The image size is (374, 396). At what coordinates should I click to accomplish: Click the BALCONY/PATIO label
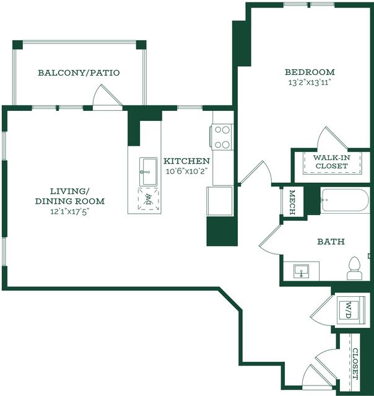pyautogui.click(x=79, y=73)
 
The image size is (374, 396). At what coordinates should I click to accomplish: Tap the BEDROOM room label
pyautogui.click(x=310, y=73)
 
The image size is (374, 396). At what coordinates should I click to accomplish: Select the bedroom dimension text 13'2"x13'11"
pyautogui.click(x=310, y=82)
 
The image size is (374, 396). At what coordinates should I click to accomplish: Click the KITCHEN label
pyautogui.click(x=187, y=161)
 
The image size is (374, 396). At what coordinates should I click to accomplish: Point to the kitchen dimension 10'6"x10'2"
pyautogui.click(x=187, y=171)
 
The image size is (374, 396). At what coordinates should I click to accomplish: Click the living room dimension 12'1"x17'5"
pyautogui.click(x=70, y=211)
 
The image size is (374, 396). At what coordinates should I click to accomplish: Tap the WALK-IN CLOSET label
pyautogui.click(x=332, y=162)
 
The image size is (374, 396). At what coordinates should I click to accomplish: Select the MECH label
pyautogui.click(x=292, y=202)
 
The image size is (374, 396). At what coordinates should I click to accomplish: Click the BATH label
pyautogui.click(x=331, y=242)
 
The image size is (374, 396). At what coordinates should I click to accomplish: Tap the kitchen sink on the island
pyautogui.click(x=149, y=172)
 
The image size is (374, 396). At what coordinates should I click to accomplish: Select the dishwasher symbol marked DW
pyautogui.click(x=149, y=199)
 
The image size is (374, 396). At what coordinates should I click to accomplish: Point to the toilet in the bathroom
pyautogui.click(x=354, y=268)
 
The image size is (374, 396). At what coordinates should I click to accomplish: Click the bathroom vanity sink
pyautogui.click(x=302, y=271)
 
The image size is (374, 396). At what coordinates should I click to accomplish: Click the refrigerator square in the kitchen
pyautogui.click(x=220, y=201)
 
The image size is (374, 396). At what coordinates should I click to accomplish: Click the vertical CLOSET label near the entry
pyautogui.click(x=355, y=364)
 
